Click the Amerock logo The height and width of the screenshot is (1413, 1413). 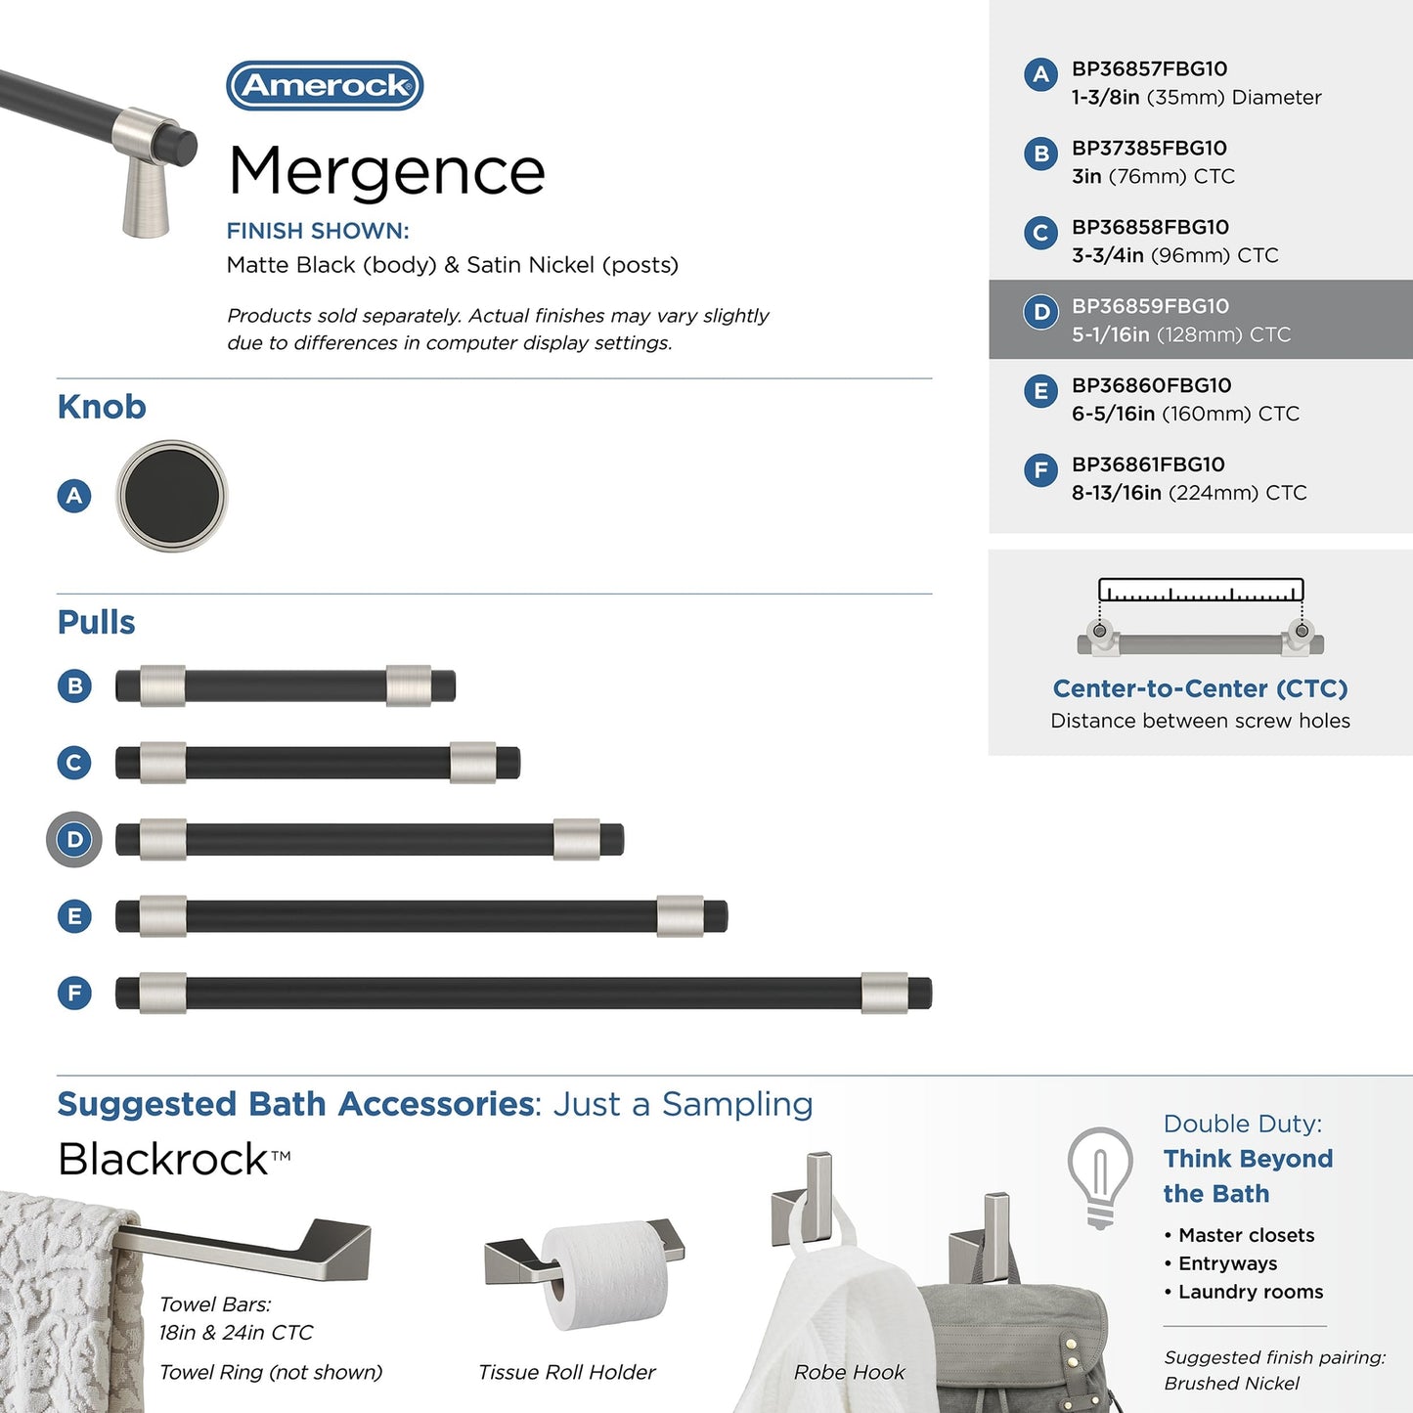[325, 86]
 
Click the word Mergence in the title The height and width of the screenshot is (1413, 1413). [386, 171]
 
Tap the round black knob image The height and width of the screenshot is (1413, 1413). [172, 495]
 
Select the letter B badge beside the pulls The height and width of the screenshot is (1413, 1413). [74, 685]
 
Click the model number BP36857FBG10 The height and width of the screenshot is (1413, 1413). [1149, 69]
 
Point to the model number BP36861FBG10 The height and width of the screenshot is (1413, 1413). [1148, 464]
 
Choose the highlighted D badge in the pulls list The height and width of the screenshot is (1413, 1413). [74, 839]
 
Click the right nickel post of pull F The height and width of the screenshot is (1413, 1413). [884, 993]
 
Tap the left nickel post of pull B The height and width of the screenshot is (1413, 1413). [162, 685]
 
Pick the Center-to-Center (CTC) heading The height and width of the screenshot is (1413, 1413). [1200, 688]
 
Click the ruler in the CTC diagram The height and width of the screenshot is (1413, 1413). [1200, 590]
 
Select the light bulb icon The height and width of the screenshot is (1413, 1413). [1100, 1176]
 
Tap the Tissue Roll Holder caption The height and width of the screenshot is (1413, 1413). [566, 1372]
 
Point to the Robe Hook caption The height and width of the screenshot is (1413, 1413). [849, 1372]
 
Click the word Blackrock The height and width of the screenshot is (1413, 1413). [163, 1160]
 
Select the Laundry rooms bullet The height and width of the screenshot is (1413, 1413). [1250, 1292]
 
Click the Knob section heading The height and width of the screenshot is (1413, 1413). [102, 407]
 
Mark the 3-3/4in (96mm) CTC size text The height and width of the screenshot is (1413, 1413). [1174, 255]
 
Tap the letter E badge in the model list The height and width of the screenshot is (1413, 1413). [1040, 391]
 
